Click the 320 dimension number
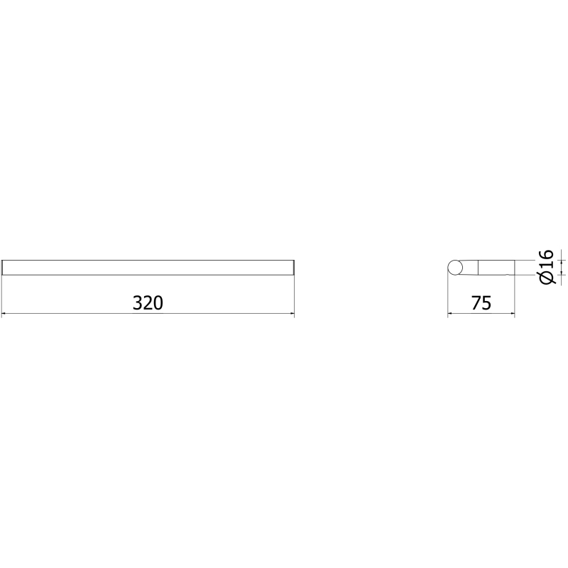tap(148, 303)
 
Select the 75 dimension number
tap(481, 303)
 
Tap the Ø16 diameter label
tap(547, 267)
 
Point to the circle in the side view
tap(455, 268)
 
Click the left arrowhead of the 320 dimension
tap(4, 313)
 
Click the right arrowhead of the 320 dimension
tap(292, 313)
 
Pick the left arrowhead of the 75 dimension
tap(450, 313)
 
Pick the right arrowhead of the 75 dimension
tap(512, 313)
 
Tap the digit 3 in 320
tap(138, 303)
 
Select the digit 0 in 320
tap(158, 303)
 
